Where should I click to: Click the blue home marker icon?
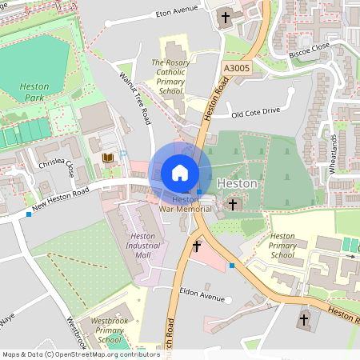[180, 173]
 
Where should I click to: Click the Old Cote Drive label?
[255, 112]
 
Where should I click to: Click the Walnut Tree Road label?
[135, 98]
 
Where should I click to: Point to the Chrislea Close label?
[59, 168]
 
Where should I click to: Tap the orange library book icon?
[106, 158]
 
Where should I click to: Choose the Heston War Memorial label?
[185, 204]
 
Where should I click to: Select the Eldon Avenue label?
[203, 294]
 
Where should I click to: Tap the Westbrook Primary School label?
[112, 330]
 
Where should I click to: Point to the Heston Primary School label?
[282, 246]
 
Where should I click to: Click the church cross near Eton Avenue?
[225, 17]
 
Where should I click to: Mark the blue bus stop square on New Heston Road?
[29, 214]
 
